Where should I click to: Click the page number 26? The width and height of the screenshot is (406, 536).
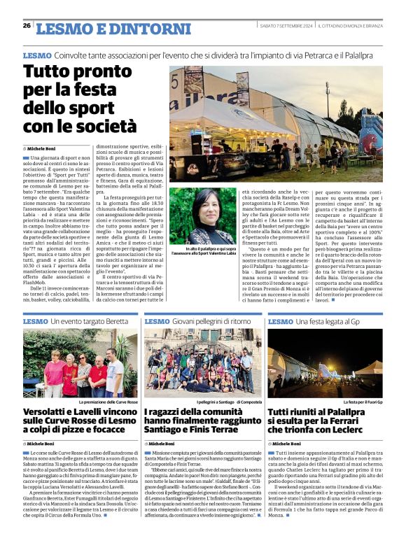tap(27, 25)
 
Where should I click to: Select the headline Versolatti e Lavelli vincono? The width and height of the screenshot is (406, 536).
tap(78, 418)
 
